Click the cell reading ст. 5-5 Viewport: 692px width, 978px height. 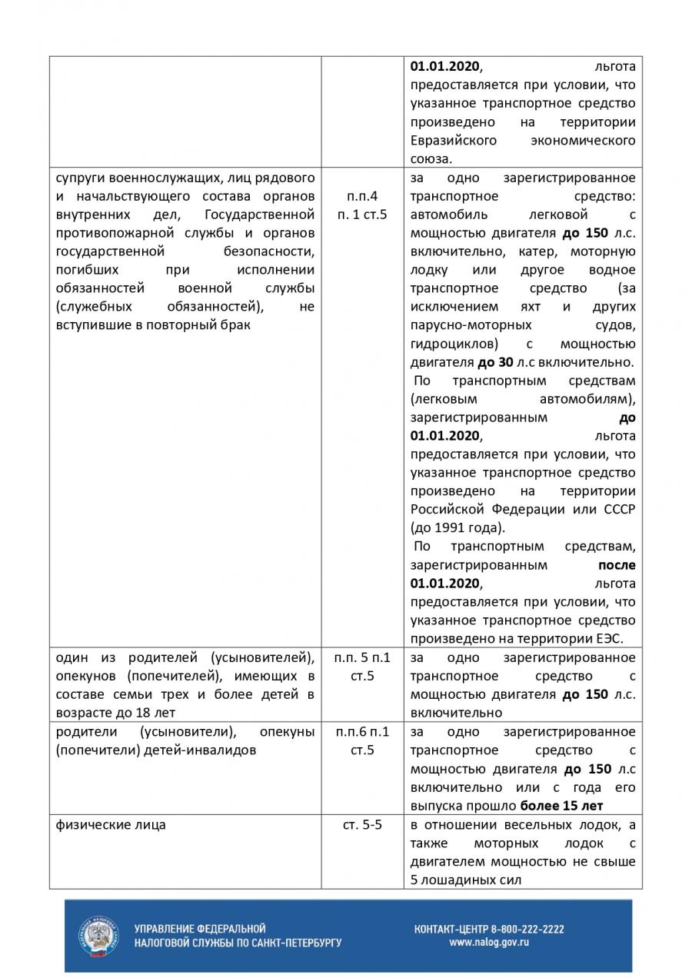coord(362,825)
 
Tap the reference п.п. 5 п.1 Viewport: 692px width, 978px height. coord(362,657)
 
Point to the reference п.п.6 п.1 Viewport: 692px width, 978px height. coord(362,731)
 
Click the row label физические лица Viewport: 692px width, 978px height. coord(111,825)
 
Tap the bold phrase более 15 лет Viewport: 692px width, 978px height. coord(561,806)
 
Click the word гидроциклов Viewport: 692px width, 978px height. coord(452,344)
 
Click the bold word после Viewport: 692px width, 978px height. coord(617,565)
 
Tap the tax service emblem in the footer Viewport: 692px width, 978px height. coord(98,936)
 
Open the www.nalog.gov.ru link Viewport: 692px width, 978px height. coord(489,942)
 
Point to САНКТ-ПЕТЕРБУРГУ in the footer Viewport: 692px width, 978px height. coord(296,942)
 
